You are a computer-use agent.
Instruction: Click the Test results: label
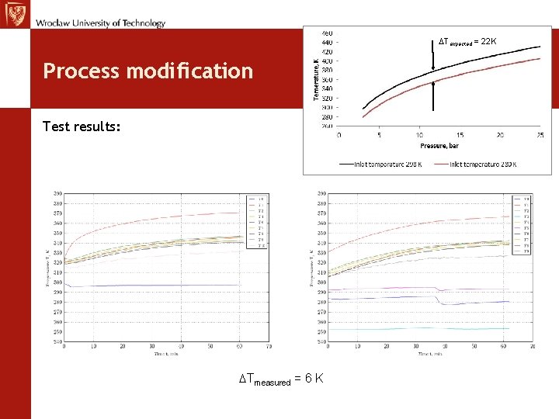(x=82, y=126)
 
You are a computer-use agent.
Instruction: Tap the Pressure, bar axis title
(x=439, y=145)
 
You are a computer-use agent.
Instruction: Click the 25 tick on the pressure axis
(x=540, y=136)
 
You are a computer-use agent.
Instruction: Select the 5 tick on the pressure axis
(x=379, y=136)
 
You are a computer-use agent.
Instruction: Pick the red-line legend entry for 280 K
(x=477, y=164)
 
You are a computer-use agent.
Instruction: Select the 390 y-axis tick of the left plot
(x=57, y=193)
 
